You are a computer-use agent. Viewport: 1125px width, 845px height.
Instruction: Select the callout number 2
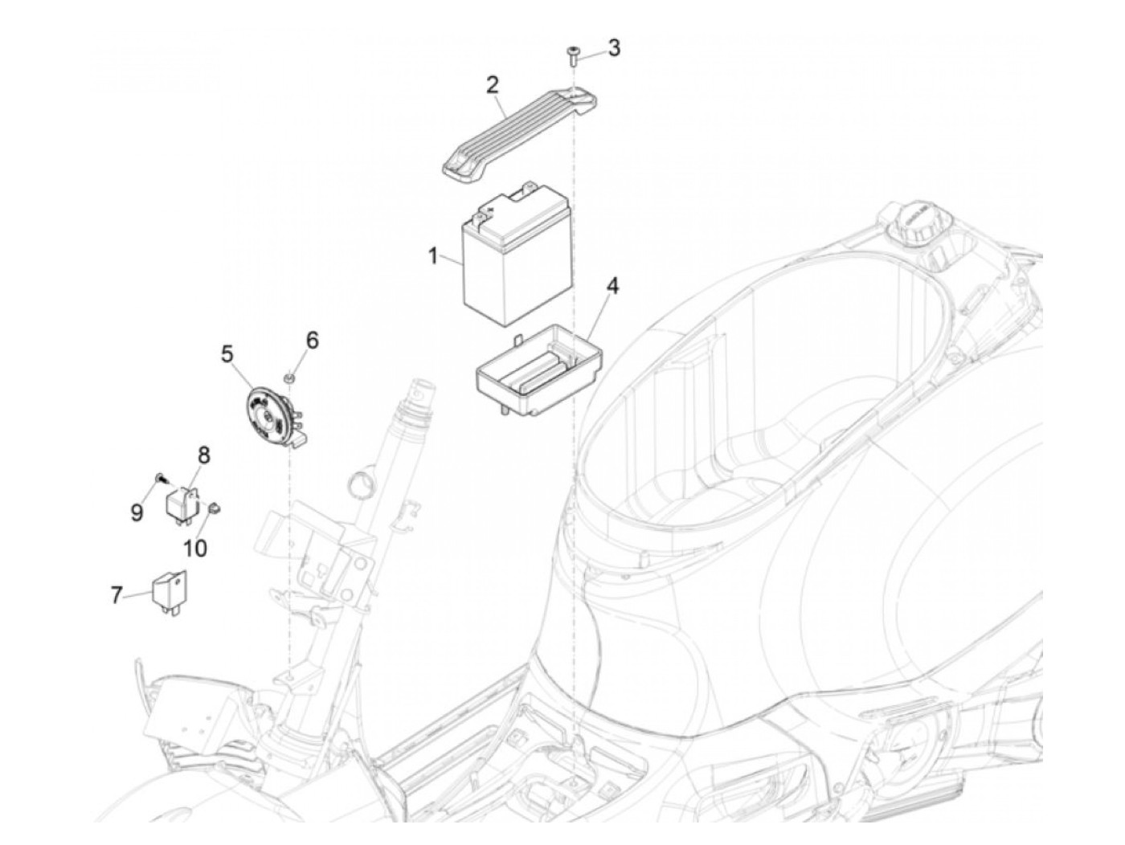pyautogui.click(x=492, y=84)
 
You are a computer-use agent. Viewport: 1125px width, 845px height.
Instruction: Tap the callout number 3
pyautogui.click(x=614, y=47)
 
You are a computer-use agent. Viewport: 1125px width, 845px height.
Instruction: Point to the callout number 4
pyautogui.click(x=612, y=286)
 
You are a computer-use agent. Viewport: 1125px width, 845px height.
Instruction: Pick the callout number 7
pyautogui.click(x=117, y=595)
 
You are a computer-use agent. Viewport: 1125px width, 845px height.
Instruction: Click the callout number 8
pyautogui.click(x=203, y=455)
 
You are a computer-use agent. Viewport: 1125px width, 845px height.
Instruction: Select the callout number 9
pyautogui.click(x=137, y=512)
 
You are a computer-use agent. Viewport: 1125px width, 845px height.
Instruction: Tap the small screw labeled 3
pyautogui.click(x=572, y=55)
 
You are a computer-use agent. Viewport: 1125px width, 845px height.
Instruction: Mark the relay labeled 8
pyautogui.click(x=182, y=502)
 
